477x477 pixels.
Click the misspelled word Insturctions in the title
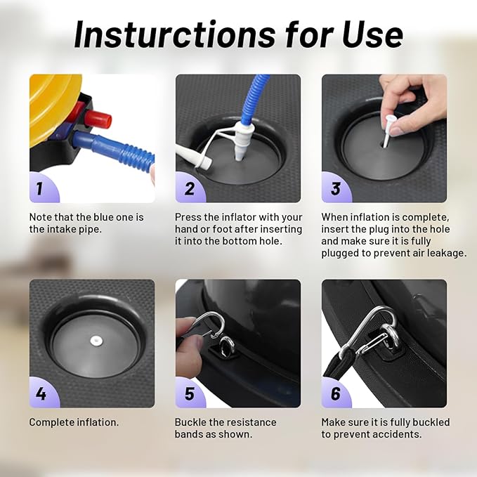click(174, 34)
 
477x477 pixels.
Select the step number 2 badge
click(189, 188)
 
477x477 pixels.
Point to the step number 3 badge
click(336, 188)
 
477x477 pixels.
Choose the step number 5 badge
click(189, 393)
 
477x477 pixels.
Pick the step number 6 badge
click(336, 393)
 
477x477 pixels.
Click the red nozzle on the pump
click(98, 119)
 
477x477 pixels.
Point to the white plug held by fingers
click(388, 130)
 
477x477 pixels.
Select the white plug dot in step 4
click(96, 341)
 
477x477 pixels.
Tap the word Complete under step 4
click(52, 422)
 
